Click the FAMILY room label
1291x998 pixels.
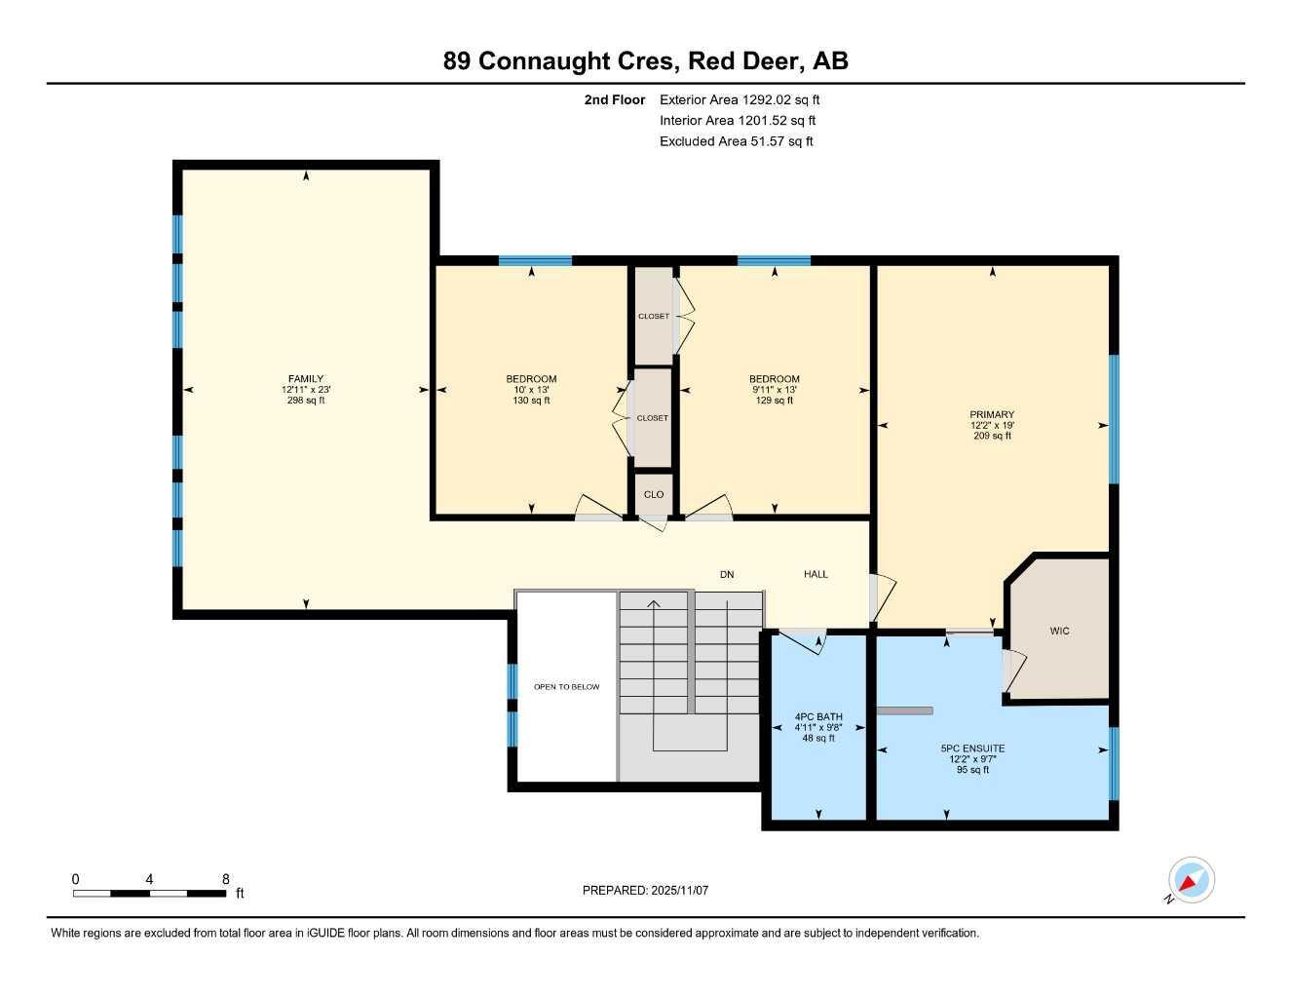305,379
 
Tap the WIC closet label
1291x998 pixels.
1059,632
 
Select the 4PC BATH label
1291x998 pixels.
817,717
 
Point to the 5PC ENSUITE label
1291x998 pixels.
972,748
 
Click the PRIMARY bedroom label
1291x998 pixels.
992,414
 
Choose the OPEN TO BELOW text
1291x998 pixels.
566,687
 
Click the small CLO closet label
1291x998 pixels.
654,495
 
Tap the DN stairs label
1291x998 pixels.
727,575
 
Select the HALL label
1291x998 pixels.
816,575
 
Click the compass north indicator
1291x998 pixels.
1190,881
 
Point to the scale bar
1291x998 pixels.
149,893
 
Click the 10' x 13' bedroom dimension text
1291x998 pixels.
531,390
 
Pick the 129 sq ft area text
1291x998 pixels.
775,401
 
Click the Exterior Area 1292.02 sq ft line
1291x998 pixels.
740,99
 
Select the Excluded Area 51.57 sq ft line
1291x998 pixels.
736,141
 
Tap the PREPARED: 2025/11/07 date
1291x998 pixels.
645,890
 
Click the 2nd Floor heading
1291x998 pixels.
614,99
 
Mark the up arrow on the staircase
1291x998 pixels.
654,605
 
